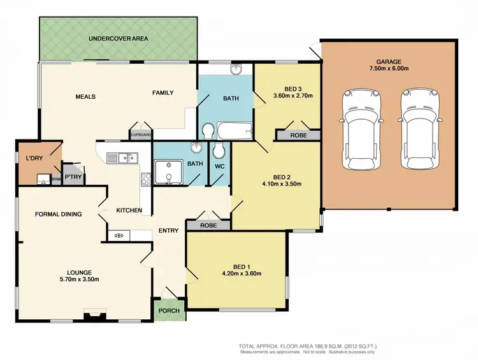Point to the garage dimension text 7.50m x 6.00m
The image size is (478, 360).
[x=389, y=68]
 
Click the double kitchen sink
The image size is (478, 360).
[x=122, y=157]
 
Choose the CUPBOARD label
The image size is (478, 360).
[x=140, y=135]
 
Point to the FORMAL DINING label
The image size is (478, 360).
[x=58, y=214]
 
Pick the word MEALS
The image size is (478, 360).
[x=85, y=97]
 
